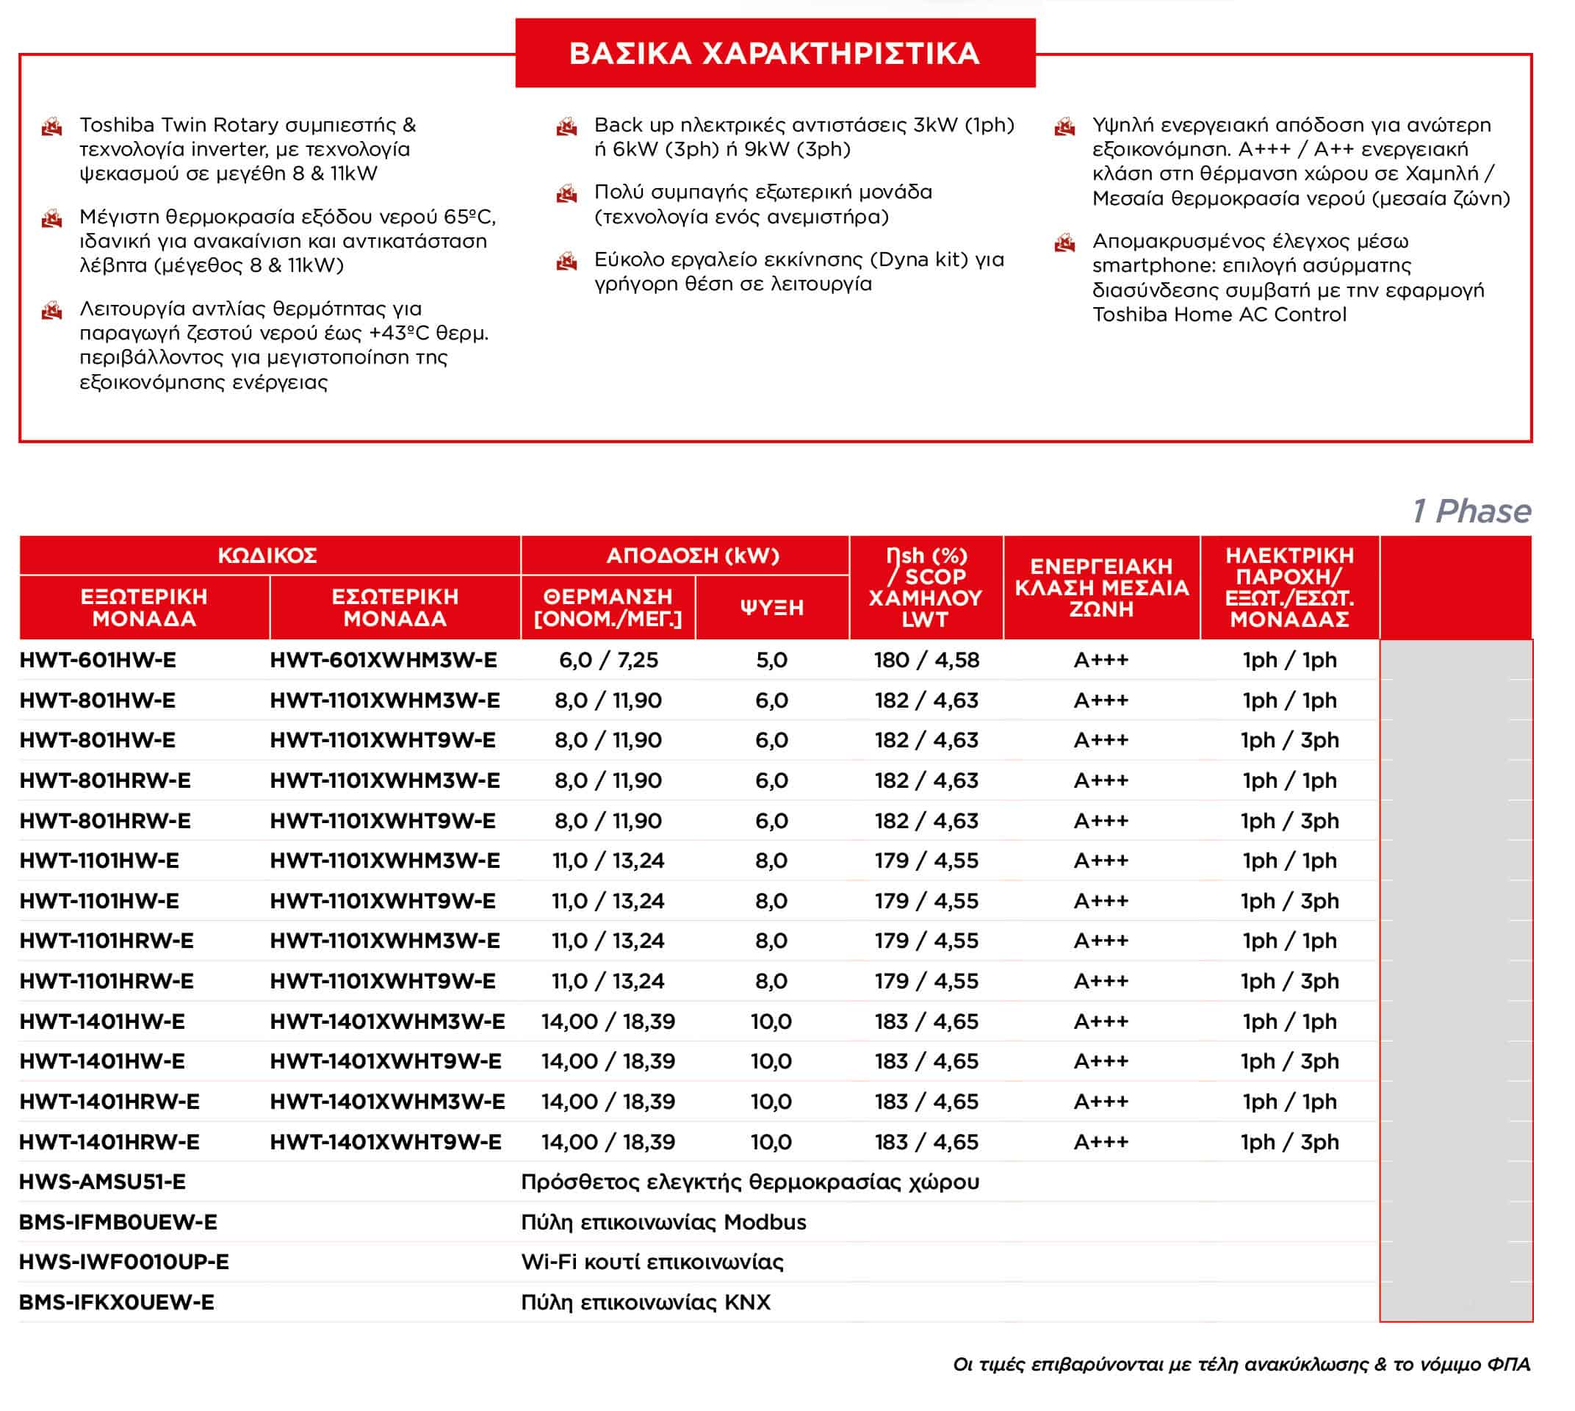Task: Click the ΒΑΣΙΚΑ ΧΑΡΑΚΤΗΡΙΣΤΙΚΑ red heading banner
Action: (x=774, y=53)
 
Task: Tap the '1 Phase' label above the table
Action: (x=1471, y=511)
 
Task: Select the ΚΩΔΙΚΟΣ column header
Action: (x=267, y=555)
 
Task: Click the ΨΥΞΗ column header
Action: (x=771, y=607)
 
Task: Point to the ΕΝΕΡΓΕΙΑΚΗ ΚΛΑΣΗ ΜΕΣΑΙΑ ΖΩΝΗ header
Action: (x=1100, y=587)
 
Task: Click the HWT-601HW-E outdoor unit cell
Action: (x=98, y=660)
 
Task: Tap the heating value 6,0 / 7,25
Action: (x=608, y=660)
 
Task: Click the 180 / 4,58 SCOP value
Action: (x=926, y=660)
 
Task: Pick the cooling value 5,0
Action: (x=771, y=660)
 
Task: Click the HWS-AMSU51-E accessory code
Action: (x=102, y=1182)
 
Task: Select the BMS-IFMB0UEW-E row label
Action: (x=118, y=1222)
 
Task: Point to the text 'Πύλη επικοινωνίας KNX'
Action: (x=646, y=1302)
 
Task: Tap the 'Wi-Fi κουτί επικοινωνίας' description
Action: (x=652, y=1261)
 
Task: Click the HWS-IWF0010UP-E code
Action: (x=124, y=1261)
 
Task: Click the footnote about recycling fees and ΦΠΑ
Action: (x=1241, y=1364)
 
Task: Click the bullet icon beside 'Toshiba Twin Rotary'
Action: (x=52, y=126)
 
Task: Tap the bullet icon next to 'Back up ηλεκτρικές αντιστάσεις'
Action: (x=566, y=126)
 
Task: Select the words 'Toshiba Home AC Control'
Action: (x=1219, y=314)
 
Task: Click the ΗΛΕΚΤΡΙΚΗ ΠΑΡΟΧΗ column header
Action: (x=1289, y=587)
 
